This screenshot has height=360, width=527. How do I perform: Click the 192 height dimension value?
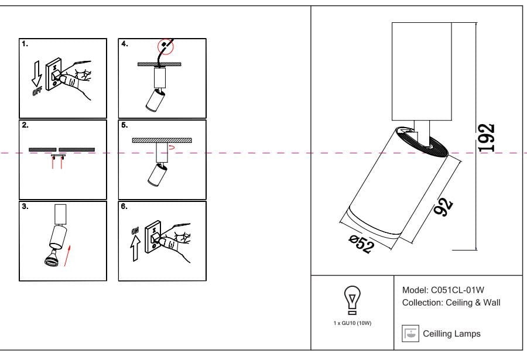486,138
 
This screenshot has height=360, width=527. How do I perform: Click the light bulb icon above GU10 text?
351,298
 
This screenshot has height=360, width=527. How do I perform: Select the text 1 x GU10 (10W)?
352,323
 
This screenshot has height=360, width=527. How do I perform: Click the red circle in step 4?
166,45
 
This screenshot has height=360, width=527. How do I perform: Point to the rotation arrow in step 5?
170,149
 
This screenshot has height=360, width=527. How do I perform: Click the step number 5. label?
124,125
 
